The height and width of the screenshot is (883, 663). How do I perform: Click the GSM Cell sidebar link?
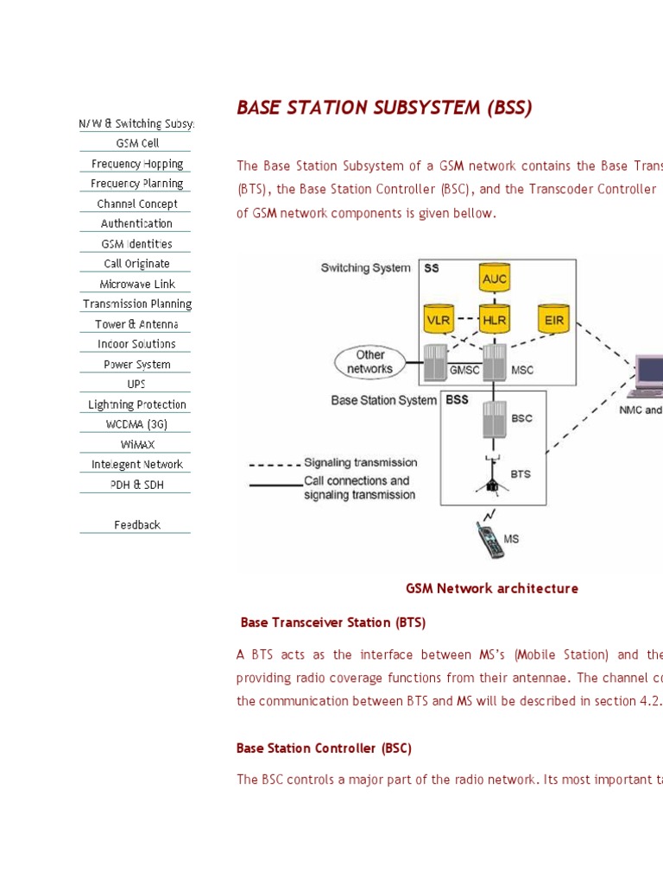click(137, 143)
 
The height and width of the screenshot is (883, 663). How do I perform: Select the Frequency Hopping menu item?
click(137, 164)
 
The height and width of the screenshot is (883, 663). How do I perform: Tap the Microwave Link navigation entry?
click(137, 284)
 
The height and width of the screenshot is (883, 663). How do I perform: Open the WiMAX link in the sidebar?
click(137, 444)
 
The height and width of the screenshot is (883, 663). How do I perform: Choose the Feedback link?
click(137, 524)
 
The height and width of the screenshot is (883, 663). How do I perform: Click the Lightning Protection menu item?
click(137, 404)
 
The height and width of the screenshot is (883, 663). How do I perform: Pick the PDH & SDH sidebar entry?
click(137, 485)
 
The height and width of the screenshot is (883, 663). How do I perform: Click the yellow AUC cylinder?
click(495, 278)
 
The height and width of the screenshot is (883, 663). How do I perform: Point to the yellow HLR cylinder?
click(495, 318)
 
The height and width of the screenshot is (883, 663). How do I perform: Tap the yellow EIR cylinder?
click(552, 318)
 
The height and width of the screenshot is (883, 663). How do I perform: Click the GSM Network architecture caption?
click(492, 589)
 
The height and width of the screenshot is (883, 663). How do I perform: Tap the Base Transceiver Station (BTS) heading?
click(333, 623)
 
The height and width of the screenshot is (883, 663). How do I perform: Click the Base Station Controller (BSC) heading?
click(324, 748)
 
